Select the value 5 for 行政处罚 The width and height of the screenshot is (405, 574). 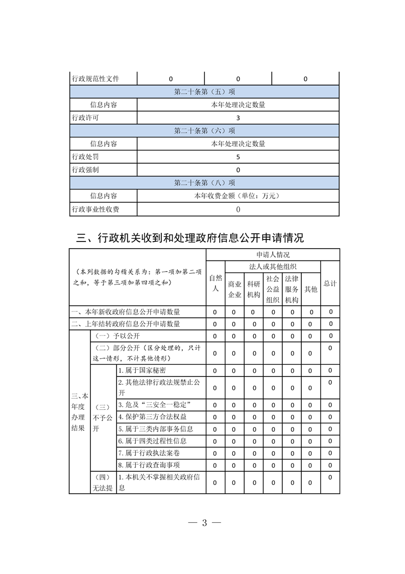point(238,157)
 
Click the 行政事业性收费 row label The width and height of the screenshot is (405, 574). point(96,209)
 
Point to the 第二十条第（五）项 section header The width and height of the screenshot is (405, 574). point(204,92)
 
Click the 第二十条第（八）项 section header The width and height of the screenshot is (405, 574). point(204,183)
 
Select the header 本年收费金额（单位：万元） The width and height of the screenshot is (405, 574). point(238,196)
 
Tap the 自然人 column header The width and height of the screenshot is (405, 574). point(215,283)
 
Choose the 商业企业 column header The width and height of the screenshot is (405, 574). point(234,289)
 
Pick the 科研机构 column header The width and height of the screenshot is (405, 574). point(253,289)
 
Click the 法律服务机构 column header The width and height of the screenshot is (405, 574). point(292,289)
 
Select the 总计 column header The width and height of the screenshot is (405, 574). point(330,283)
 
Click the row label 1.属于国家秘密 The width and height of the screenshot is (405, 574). point(141,370)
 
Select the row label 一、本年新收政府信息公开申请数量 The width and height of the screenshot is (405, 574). point(126,312)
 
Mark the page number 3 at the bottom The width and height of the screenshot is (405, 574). point(204,523)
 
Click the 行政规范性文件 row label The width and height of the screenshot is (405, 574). point(96,79)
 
